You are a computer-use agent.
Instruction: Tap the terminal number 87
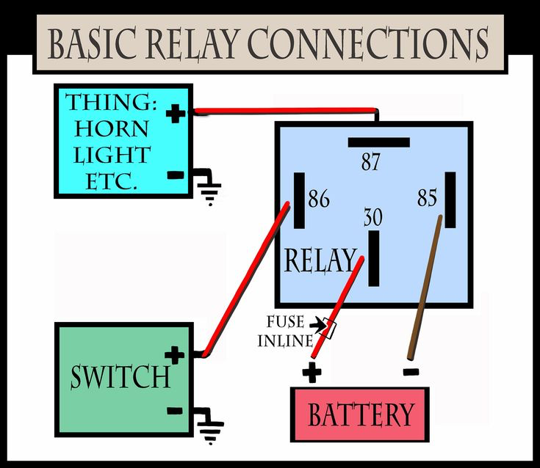coord(370,161)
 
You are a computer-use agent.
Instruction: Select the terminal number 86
coord(319,199)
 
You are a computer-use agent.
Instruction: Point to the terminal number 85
coord(427,198)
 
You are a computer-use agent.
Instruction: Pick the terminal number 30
coord(373,217)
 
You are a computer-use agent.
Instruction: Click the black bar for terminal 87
coord(379,142)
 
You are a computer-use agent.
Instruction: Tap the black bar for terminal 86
coord(299,200)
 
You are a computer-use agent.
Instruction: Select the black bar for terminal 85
coord(450,200)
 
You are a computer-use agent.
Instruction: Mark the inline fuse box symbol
coord(329,329)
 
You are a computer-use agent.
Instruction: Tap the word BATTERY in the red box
coord(360,415)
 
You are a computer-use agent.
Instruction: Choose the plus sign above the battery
coord(312,373)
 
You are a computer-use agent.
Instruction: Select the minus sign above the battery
coord(411,372)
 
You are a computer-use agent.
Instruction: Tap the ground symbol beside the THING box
coord(210,189)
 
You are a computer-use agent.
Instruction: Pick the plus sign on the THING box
coord(175,114)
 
